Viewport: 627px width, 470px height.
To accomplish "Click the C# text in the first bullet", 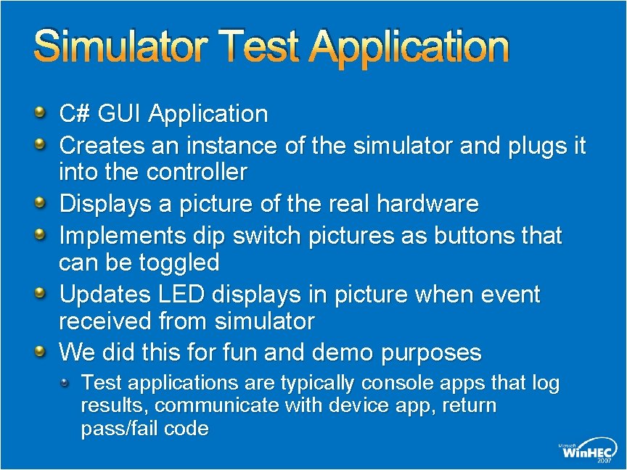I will click(74, 114).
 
